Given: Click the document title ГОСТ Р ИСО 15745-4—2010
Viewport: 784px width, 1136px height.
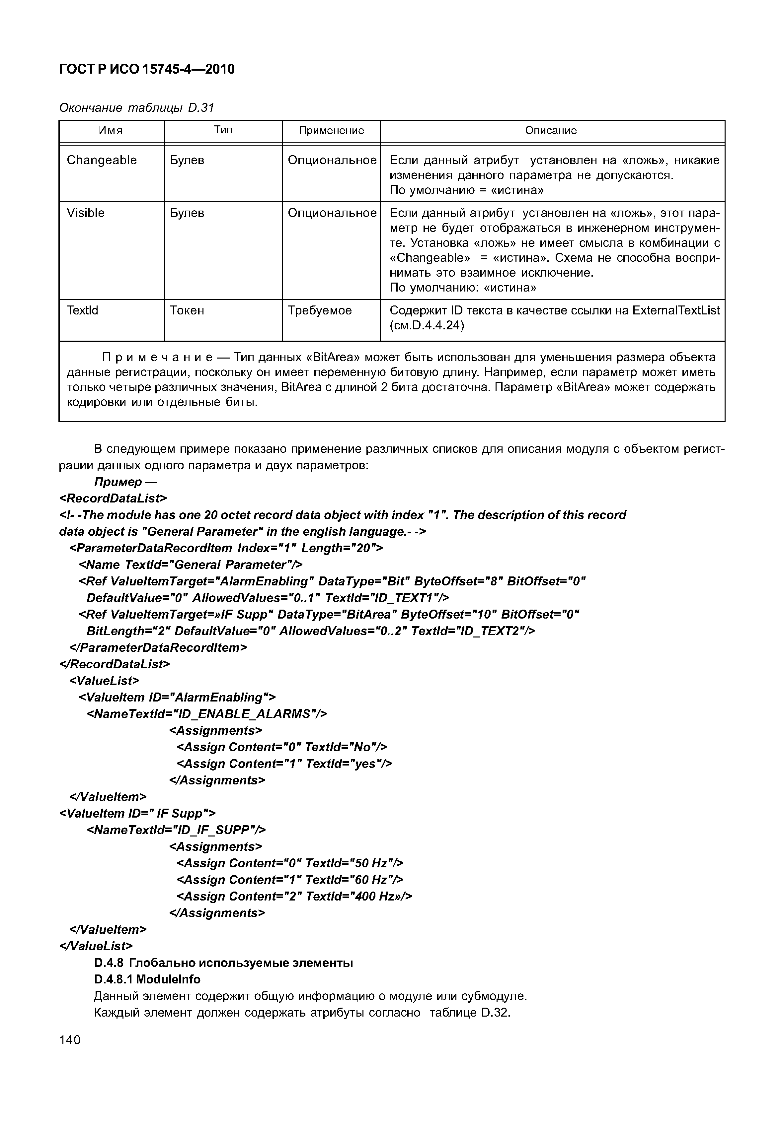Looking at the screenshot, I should (146, 70).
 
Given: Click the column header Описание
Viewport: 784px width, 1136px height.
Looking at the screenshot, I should (551, 131).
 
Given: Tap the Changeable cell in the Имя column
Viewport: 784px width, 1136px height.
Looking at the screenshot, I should (102, 161).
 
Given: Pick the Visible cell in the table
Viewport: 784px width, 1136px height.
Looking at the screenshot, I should (86, 213).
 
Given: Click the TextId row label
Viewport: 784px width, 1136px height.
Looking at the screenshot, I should (83, 311).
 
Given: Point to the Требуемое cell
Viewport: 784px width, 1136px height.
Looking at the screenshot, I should (320, 311).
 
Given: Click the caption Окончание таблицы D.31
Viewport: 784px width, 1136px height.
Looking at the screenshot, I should (136, 107).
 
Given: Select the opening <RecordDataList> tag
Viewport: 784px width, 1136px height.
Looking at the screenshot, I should (113, 499).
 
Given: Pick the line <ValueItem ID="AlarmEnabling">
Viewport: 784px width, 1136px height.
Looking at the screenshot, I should (177, 698).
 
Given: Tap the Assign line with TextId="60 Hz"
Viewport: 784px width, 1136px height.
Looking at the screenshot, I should (290, 880).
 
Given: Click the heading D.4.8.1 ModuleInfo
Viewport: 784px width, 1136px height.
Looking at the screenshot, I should (147, 979).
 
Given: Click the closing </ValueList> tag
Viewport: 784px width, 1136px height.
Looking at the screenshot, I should (96, 946).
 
